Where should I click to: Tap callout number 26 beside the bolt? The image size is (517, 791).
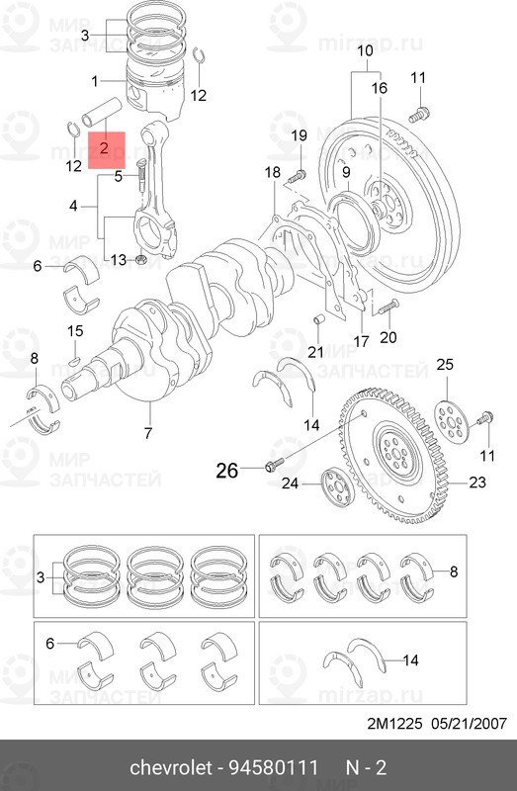227,472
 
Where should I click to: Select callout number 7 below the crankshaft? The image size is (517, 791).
148,433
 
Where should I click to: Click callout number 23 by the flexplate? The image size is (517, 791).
478,483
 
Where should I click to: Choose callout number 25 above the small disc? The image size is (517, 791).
445,366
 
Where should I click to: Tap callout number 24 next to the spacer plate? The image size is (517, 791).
290,483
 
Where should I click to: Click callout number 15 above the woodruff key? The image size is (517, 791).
75,330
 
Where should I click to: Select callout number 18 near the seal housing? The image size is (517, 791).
272,174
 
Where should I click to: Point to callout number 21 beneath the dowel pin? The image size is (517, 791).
315,352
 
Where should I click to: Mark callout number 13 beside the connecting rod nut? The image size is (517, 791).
118,260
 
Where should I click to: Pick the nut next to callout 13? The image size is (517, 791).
141,260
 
